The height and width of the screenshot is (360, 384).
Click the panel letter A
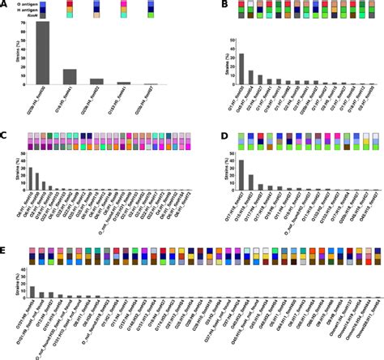pyautogui.click(x=5, y=5)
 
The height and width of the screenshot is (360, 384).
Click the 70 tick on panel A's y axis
pyautogui.click(x=29, y=24)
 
